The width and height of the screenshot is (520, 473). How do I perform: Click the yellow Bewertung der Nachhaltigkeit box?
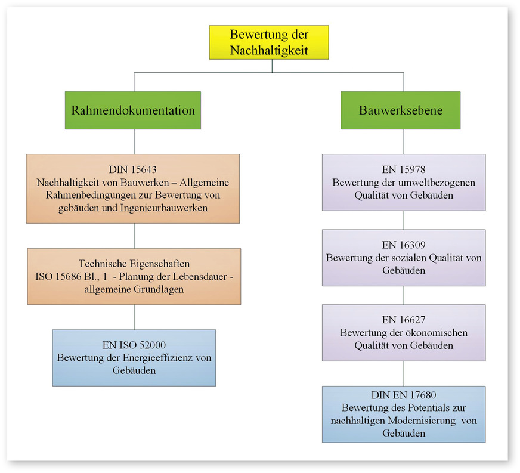269,42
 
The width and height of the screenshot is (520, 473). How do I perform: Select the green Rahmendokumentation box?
134,110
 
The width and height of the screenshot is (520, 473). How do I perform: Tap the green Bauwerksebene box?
400,110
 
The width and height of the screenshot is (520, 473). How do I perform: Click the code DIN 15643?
133,169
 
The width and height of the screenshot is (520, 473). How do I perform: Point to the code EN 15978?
404,169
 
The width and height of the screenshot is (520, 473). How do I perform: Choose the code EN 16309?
404,245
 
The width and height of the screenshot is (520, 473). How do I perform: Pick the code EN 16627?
404,320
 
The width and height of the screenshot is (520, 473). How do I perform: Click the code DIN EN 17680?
404,395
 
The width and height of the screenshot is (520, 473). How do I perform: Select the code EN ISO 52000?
134,345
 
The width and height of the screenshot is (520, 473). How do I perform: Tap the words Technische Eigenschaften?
134,264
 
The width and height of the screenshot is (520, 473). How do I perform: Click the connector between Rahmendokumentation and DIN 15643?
134,141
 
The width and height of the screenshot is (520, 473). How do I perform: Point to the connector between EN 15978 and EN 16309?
404,220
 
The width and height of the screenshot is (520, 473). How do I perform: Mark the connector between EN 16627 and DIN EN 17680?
404,373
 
